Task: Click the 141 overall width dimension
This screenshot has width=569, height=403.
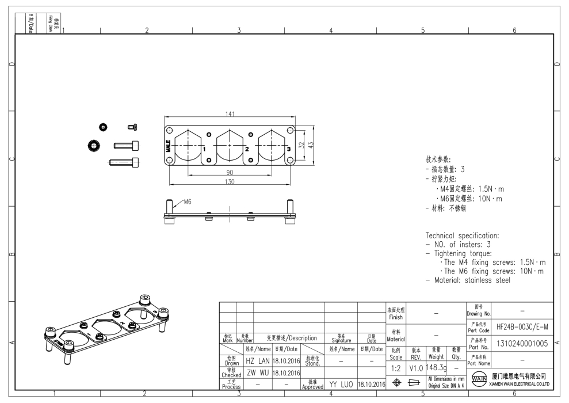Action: pyautogui.click(x=230, y=115)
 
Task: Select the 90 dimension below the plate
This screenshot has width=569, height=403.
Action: pyautogui.click(x=229, y=173)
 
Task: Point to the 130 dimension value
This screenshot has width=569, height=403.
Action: pyautogui.click(x=230, y=182)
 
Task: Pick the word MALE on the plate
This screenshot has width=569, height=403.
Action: pyautogui.click(x=169, y=145)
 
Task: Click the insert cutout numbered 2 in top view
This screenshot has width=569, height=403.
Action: pyautogui.click(x=230, y=145)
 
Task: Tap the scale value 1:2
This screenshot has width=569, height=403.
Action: pyautogui.click(x=396, y=367)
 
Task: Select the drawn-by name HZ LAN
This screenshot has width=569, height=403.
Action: pyautogui.click(x=258, y=360)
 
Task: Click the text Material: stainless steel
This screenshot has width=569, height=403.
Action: pyautogui.click(x=468, y=280)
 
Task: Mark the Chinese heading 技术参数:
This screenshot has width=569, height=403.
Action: pyautogui.click(x=438, y=159)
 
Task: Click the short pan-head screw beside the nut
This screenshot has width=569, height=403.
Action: pyautogui.click(x=132, y=127)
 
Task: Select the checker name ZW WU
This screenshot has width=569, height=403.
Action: pyautogui.click(x=258, y=372)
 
